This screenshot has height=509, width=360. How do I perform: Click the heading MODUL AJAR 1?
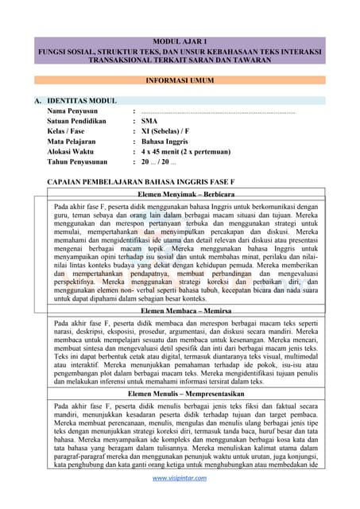pyautogui.click(x=180, y=41)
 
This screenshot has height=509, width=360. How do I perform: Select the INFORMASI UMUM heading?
pyautogui.click(x=180, y=81)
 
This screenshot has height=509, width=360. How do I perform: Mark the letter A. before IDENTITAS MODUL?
pyautogui.click(x=37, y=101)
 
